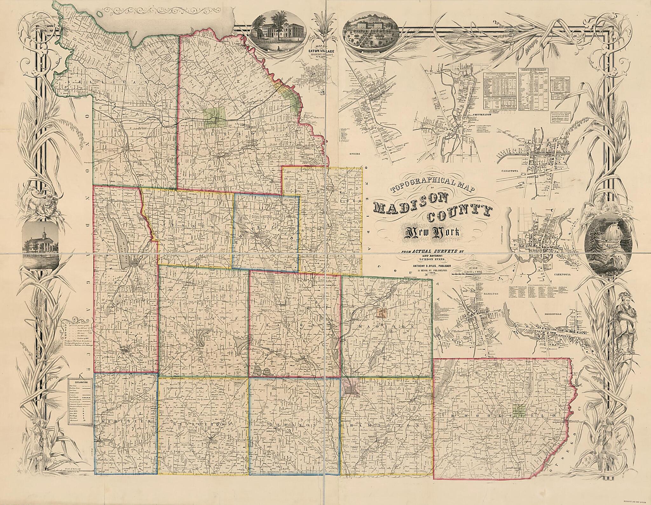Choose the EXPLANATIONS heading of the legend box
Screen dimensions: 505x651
coord(79,380)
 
